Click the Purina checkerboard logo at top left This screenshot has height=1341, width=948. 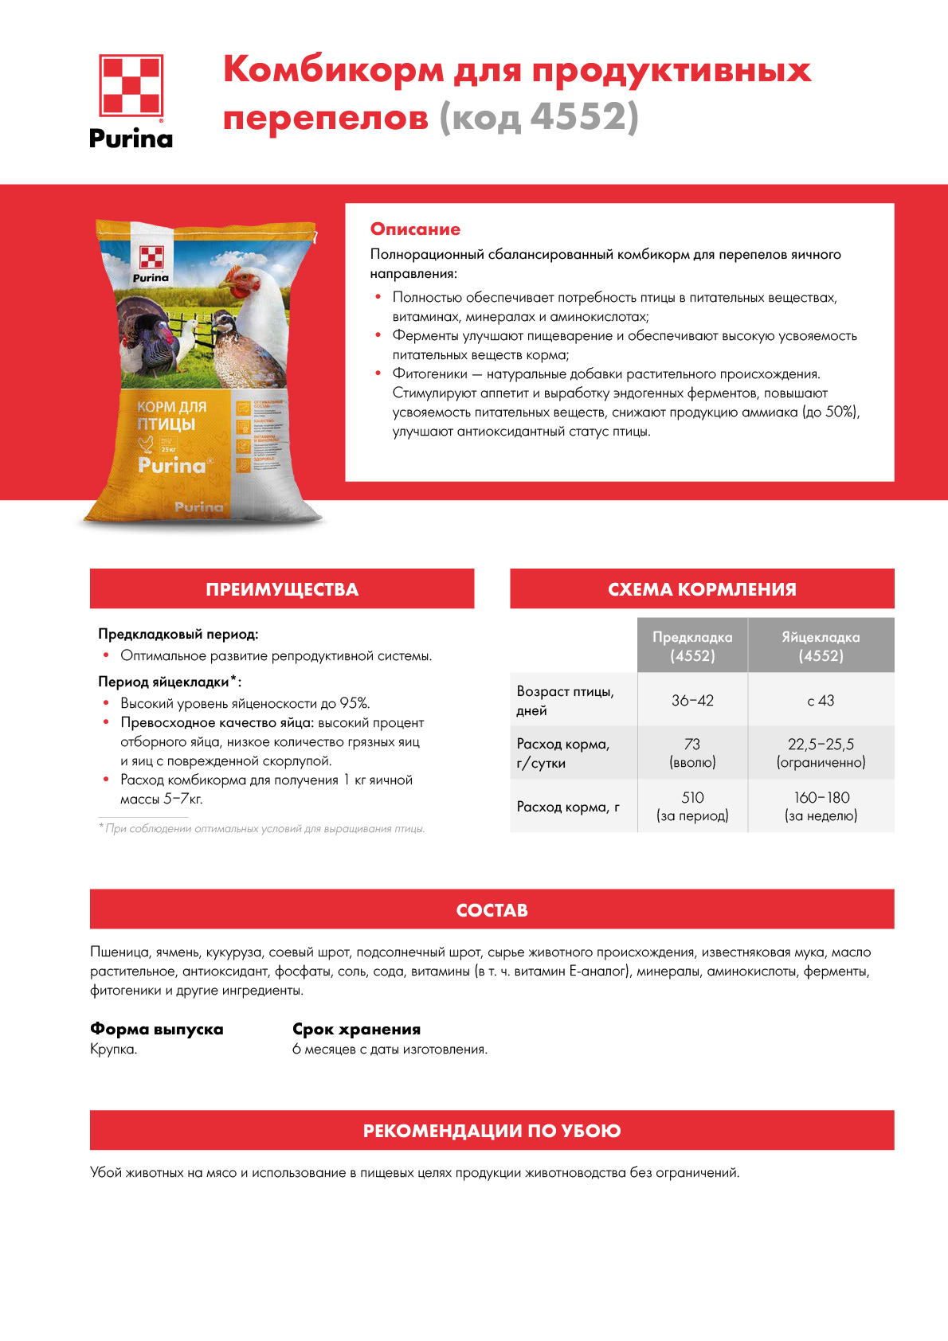(131, 85)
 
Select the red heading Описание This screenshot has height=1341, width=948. (415, 229)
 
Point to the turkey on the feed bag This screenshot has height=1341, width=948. (147, 338)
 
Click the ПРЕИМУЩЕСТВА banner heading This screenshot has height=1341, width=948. (282, 589)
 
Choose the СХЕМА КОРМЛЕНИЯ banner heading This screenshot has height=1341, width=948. (702, 589)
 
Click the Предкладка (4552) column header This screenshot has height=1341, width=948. (692, 646)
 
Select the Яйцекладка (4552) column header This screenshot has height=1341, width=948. (821, 646)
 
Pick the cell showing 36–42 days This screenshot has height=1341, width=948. (692, 701)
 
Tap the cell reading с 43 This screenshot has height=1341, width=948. (821, 701)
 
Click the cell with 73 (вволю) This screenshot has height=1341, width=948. (692, 753)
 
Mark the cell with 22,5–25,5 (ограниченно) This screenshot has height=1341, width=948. (821, 753)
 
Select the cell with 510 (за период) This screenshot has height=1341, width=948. (692, 806)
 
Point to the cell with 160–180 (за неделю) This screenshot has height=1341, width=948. (821, 806)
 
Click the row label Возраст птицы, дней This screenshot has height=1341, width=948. (565, 701)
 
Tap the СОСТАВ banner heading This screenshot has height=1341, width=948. (492, 910)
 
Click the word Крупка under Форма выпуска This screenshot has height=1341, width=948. (114, 1050)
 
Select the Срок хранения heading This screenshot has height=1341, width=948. (356, 1029)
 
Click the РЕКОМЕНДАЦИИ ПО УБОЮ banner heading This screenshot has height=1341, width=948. (492, 1131)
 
